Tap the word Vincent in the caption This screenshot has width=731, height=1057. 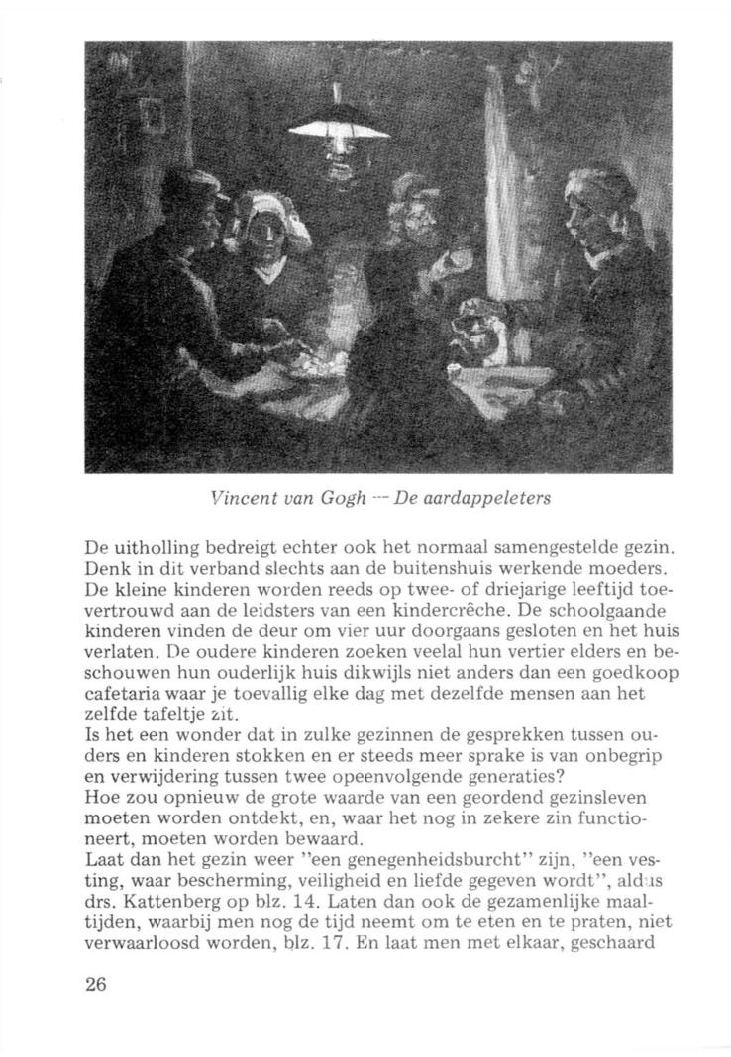coord(235,498)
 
